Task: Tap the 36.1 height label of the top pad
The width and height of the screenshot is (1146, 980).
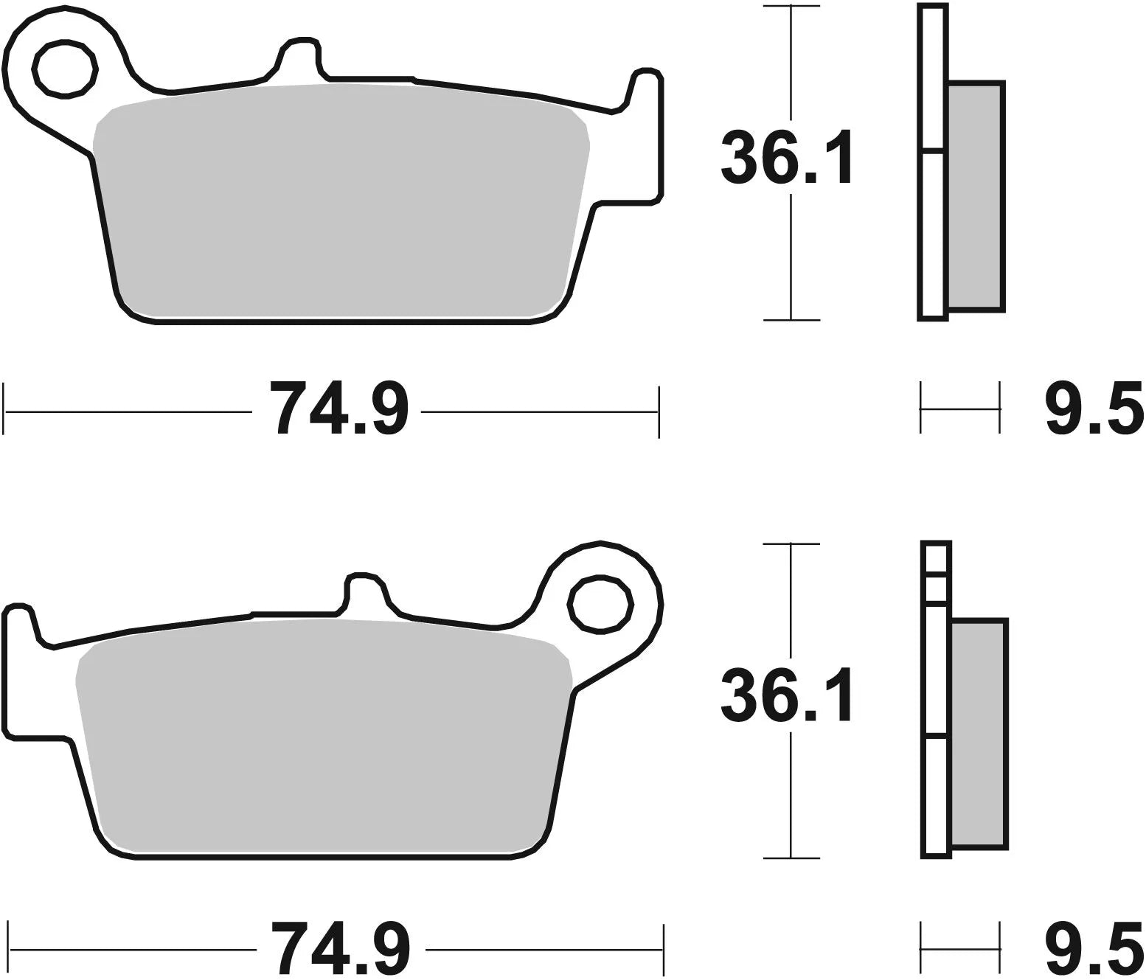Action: click(786, 158)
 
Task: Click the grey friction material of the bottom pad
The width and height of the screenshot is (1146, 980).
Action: click(324, 737)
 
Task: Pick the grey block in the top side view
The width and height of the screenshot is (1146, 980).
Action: click(975, 195)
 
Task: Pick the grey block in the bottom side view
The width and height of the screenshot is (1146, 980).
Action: click(979, 734)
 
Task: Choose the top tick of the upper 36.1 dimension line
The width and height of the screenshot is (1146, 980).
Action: click(791, 7)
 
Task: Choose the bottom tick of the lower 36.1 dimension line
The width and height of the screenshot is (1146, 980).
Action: click(791, 858)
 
